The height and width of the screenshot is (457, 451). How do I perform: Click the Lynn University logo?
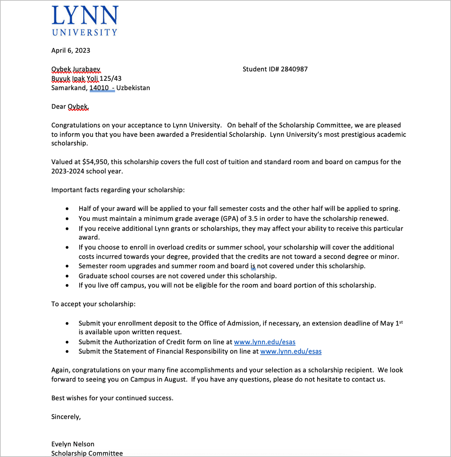click(85, 21)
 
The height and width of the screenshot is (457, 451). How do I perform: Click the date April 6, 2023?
click(71, 50)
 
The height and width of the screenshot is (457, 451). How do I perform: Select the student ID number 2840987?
click(294, 69)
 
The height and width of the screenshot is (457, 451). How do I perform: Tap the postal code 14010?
click(99, 88)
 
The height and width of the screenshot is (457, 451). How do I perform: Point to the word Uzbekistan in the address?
click(133, 88)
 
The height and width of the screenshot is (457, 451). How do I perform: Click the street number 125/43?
click(110, 79)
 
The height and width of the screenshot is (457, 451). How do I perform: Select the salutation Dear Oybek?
click(70, 107)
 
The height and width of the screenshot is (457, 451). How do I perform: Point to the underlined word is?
click(253, 266)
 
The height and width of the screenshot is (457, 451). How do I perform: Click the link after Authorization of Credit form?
click(265, 342)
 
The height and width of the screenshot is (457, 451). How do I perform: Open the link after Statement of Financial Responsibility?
click(291, 351)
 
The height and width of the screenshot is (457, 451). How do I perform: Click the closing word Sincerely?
click(66, 417)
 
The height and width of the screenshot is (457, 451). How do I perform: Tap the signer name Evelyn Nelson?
click(73, 444)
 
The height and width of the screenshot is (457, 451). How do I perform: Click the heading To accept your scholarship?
click(93, 304)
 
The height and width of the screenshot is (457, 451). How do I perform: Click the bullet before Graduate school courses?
click(67, 276)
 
